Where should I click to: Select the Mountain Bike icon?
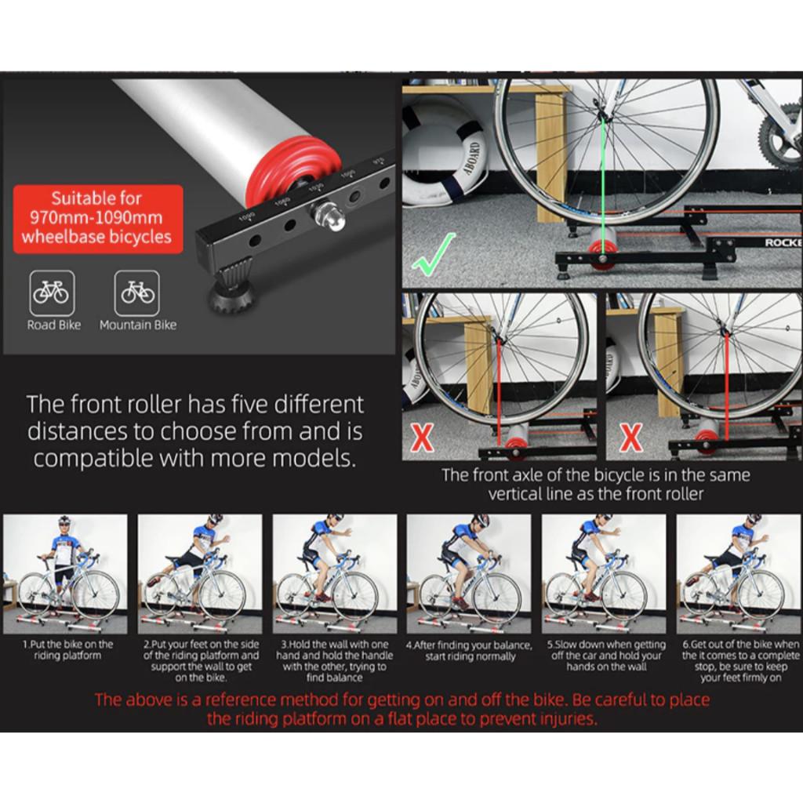coord(137,292)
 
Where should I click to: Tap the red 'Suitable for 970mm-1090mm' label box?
coord(97,218)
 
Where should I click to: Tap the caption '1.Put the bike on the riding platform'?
coord(67,649)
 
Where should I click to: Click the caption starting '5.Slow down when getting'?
coord(605,655)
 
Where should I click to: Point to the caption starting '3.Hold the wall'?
coord(335,660)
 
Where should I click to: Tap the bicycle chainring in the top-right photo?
coord(781,141)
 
